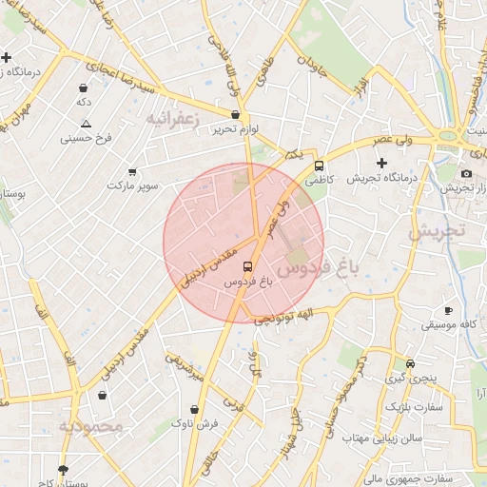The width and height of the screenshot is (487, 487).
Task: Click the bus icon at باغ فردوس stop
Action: click(x=247, y=266)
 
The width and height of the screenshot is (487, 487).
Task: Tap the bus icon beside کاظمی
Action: click(x=318, y=163)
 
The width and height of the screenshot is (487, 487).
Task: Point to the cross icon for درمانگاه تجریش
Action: click(x=381, y=163)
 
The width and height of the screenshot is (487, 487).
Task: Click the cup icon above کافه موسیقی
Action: click(x=448, y=311)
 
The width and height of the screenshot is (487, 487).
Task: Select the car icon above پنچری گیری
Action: click(x=409, y=363)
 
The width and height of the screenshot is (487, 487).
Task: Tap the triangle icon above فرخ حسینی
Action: click(x=87, y=124)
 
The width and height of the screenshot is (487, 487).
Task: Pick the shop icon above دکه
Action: click(x=84, y=88)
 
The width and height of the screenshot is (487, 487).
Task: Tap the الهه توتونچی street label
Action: click(x=282, y=319)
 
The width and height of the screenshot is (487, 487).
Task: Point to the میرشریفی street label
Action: click(x=185, y=368)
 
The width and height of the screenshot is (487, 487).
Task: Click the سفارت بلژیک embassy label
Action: click(x=412, y=407)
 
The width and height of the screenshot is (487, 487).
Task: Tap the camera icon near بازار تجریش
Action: click(x=466, y=173)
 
